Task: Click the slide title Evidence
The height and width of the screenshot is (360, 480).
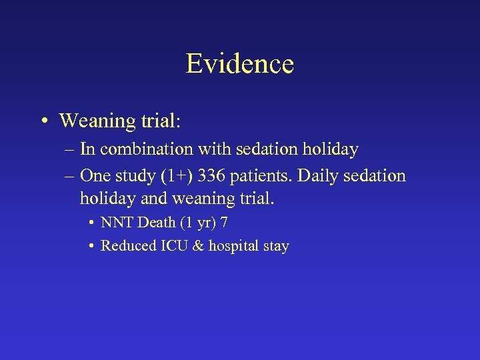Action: [239, 64]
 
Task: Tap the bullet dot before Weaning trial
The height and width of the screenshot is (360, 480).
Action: [43, 121]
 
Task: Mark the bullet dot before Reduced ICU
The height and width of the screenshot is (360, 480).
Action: [91, 247]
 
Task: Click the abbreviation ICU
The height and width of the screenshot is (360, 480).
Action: [173, 246]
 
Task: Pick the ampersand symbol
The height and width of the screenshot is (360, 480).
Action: [197, 246]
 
